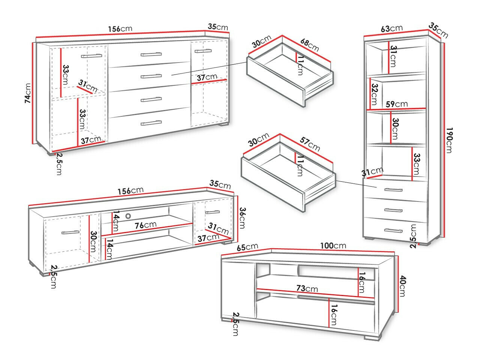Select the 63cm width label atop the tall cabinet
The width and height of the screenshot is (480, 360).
click(x=391, y=28)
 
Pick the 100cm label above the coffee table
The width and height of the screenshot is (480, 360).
click(x=333, y=246)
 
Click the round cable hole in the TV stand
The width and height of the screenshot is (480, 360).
click(x=129, y=216)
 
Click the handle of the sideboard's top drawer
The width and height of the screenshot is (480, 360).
click(x=151, y=54)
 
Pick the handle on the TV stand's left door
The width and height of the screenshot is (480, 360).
click(x=70, y=232)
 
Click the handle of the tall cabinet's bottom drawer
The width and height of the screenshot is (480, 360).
click(x=393, y=230)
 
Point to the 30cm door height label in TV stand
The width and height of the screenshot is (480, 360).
click(x=94, y=242)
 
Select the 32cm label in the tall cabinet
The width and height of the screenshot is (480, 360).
click(x=374, y=94)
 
